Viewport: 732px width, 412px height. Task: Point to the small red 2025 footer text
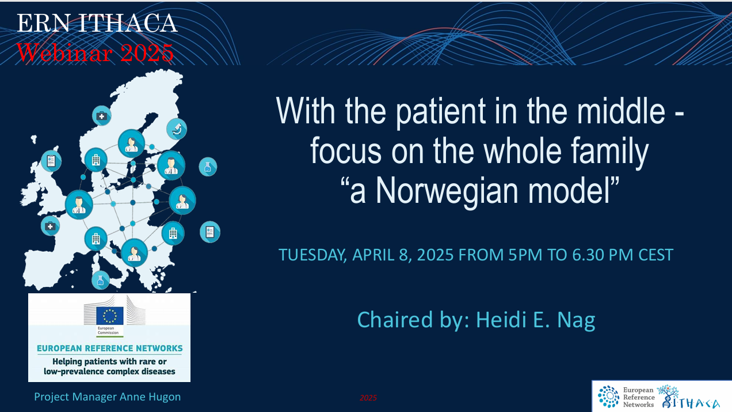pyautogui.click(x=368, y=398)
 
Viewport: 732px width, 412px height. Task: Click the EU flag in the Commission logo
pyautogui.click(x=109, y=315)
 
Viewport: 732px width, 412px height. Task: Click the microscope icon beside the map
pyautogui.click(x=177, y=128)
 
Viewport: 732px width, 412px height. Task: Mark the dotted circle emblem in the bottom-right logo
pyautogui.click(x=608, y=396)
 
